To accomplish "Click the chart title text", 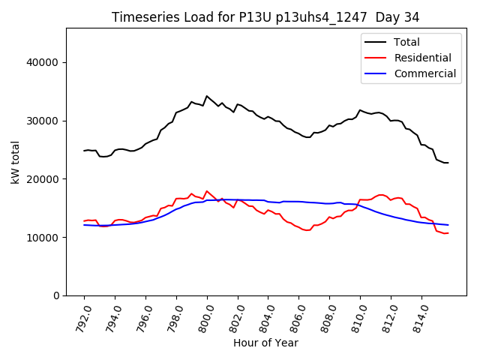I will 265,16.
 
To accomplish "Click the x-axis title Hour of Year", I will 265,343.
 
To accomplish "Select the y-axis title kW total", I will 16,162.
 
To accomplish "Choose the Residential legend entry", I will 422,58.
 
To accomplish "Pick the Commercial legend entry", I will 424,73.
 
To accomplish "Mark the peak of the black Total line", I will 207,96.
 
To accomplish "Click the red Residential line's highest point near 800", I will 207,190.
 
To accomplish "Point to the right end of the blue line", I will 448,225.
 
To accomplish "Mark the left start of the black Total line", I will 84,151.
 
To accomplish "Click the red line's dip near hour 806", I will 306,230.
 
